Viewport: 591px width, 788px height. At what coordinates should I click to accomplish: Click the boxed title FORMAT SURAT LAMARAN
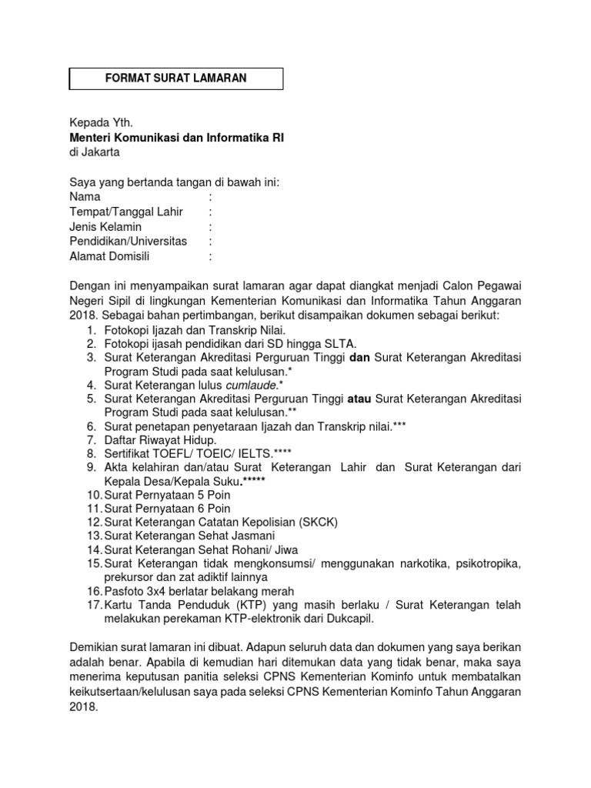click(176, 78)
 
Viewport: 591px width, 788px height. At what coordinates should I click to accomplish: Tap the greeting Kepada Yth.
click(102, 122)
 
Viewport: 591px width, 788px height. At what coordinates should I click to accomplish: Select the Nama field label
click(85, 197)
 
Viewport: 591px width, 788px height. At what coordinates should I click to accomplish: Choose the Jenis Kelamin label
click(105, 227)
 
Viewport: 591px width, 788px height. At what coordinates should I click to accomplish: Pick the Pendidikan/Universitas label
click(129, 242)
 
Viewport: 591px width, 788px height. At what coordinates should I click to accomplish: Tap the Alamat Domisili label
click(109, 257)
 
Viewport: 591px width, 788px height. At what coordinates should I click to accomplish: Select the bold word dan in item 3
click(360, 357)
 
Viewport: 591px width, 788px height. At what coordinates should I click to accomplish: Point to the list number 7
click(91, 440)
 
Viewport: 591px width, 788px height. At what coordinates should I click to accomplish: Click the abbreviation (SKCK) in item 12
click(320, 522)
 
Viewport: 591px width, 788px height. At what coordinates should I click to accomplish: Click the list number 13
click(94, 536)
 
